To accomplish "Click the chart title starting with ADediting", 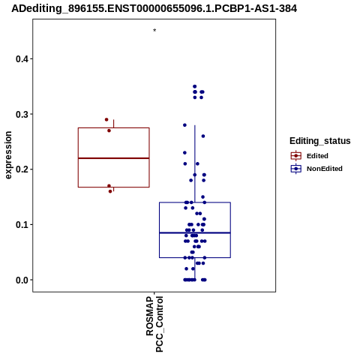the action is [x=154, y=8].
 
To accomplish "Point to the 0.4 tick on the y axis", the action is [x=24, y=59].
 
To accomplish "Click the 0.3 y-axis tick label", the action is [x=24, y=114].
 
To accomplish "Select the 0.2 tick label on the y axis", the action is [x=24, y=169].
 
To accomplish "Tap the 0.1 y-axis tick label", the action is [x=24, y=225].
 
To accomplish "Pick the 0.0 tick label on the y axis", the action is [x=24, y=280].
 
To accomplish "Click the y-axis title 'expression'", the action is [x=8, y=155].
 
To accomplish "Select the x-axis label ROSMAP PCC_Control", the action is [x=154, y=324].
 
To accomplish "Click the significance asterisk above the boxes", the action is [x=154, y=31].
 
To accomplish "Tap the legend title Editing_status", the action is [x=320, y=141].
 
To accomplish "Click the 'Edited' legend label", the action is [x=317, y=156].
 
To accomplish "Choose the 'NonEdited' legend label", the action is [x=325, y=169].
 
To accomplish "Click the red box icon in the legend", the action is [x=296, y=156].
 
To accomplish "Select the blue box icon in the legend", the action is [x=296, y=169].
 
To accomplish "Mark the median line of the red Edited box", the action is [x=114, y=158].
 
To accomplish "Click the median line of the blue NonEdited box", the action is [x=195, y=232].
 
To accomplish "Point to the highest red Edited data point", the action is [x=106, y=119].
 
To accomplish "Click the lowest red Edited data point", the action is [x=110, y=191].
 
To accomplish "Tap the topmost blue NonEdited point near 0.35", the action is [x=195, y=86].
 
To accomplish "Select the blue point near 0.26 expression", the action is [x=203, y=136].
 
